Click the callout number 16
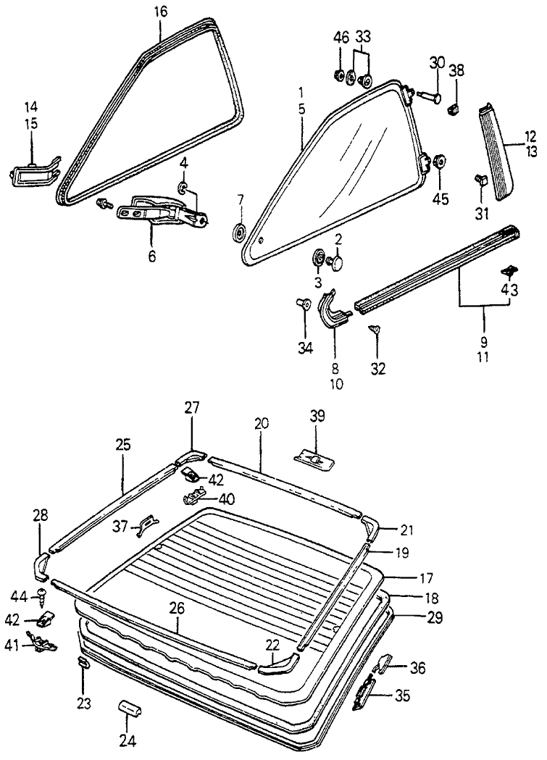pyautogui.click(x=160, y=12)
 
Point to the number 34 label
pyautogui.click(x=305, y=348)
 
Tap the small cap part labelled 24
pyautogui.click(x=130, y=708)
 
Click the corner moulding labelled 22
pyautogui.click(x=278, y=662)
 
